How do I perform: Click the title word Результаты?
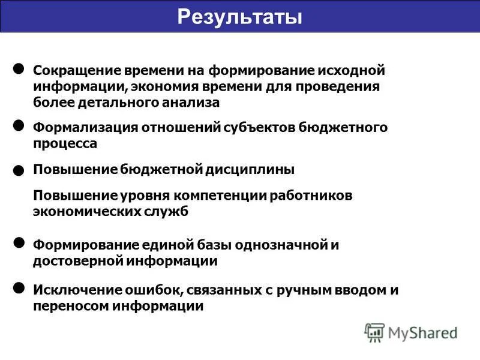(239, 16)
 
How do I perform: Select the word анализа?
(191, 103)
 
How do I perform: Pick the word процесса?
(65, 144)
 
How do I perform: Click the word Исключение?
(71, 290)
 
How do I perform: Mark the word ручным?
(307, 290)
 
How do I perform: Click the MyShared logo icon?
(374, 331)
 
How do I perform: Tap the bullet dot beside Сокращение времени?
(19, 69)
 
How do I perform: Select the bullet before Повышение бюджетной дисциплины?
(19, 171)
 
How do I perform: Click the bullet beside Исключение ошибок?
(19, 289)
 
